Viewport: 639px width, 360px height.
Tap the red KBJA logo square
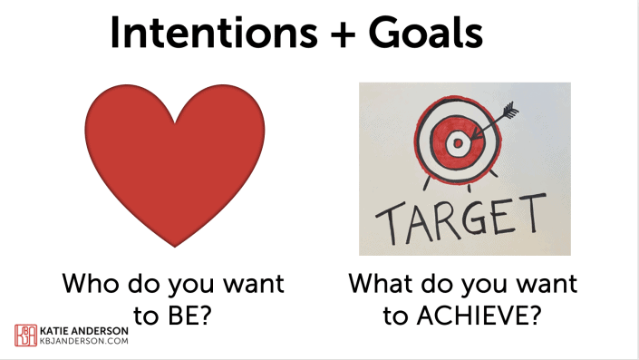[x=25, y=335]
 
